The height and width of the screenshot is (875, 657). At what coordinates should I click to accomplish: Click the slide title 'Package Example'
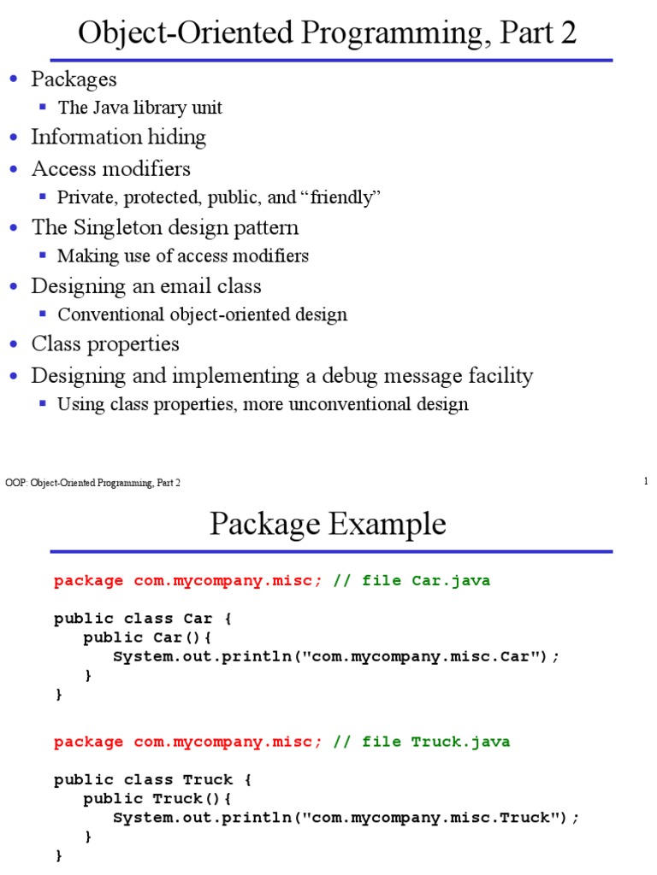tap(328, 524)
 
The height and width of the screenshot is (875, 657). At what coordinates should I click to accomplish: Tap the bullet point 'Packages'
tap(74, 79)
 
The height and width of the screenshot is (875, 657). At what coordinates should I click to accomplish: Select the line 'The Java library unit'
tap(139, 108)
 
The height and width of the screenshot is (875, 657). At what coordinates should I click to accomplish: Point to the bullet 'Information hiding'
tap(118, 137)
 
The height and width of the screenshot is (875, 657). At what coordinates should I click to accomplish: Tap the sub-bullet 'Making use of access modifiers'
tap(182, 255)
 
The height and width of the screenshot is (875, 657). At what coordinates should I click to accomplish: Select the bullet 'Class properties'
tap(105, 344)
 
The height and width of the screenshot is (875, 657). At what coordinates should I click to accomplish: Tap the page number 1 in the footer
tap(646, 482)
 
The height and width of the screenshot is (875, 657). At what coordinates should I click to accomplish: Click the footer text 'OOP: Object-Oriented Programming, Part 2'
tap(93, 483)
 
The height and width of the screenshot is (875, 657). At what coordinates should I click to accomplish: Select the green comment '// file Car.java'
tap(411, 581)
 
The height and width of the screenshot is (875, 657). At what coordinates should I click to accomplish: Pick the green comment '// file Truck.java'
tap(422, 742)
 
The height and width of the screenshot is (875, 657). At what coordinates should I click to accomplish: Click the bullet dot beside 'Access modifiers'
tap(13, 168)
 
